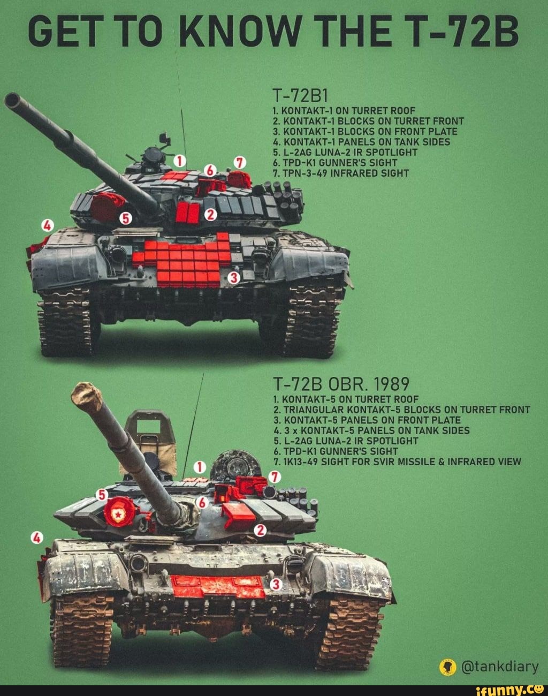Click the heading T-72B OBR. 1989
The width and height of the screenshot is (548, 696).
[341, 384]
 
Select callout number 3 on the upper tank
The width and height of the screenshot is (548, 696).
[233, 277]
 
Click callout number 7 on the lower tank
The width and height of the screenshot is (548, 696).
[275, 476]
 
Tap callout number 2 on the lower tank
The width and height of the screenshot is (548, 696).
[260, 530]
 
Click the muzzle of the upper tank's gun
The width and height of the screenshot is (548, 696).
[12, 100]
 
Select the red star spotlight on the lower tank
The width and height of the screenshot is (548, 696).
[117, 512]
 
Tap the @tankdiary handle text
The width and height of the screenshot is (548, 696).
[499, 667]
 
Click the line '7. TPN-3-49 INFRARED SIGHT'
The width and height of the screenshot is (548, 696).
[340, 173]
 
